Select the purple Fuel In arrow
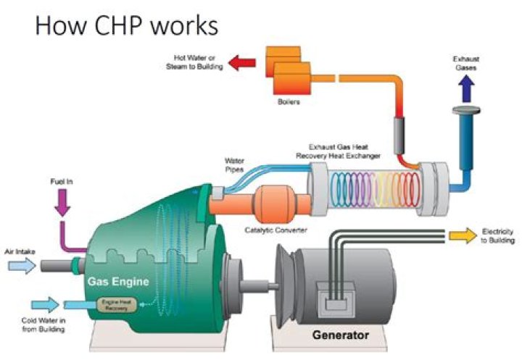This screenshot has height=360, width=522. click(61, 201)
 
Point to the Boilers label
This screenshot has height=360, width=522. click(289, 102)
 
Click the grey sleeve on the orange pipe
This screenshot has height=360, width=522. click(397, 134)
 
